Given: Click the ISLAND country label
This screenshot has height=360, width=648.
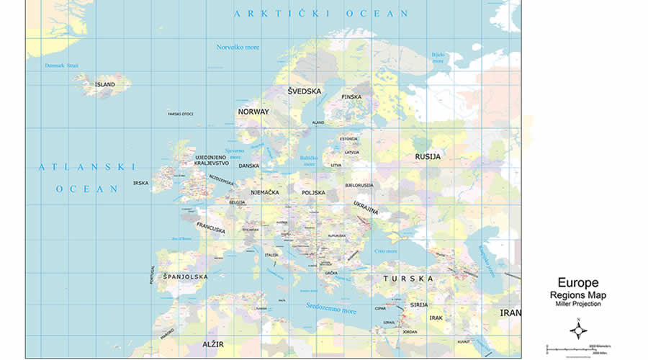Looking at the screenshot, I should (x=105, y=84).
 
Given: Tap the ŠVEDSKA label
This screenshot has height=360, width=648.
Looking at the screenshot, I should (x=304, y=91).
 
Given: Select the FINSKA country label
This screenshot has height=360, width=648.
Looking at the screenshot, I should (x=351, y=96).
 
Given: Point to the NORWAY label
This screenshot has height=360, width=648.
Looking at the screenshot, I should (x=253, y=112).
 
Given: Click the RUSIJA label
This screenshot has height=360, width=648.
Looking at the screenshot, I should (x=427, y=156).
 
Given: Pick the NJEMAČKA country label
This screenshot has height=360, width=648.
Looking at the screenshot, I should (x=264, y=192).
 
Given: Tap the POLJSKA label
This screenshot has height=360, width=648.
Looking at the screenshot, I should (x=313, y=192).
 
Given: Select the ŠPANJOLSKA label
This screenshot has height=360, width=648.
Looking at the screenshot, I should (x=185, y=276).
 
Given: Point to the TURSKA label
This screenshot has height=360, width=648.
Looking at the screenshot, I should (x=408, y=278).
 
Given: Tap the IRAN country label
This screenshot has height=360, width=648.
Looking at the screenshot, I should (x=510, y=313).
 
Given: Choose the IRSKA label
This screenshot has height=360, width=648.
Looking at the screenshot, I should (x=140, y=183).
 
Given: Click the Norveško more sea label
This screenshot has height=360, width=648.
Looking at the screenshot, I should (x=238, y=48).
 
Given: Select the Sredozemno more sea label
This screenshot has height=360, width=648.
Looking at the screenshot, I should (x=331, y=310).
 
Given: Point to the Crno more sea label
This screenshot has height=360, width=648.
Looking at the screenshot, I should (x=386, y=251).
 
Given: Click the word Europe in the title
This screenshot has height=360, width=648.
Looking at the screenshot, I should (x=577, y=283).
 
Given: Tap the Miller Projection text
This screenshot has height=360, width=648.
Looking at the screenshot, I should (x=577, y=304).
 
